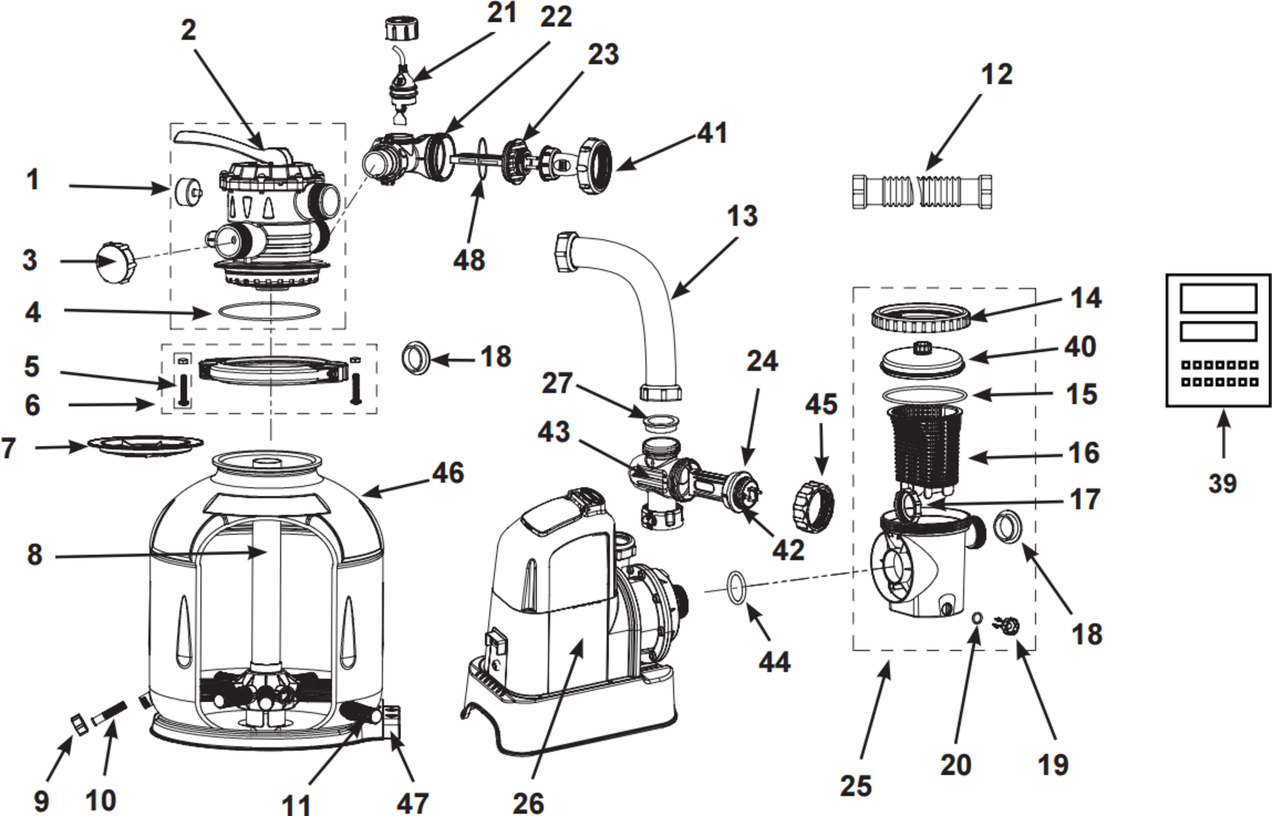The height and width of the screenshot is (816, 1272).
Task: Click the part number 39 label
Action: [x=1222, y=483]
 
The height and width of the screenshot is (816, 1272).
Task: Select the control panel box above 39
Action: [x=1217, y=340]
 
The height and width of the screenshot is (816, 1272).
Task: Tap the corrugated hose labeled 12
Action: [x=922, y=191]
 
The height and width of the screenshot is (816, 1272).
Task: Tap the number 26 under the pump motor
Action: [x=528, y=802]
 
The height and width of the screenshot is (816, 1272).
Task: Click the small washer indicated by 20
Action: [x=977, y=617]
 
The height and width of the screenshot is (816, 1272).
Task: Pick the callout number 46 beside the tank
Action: [x=448, y=473]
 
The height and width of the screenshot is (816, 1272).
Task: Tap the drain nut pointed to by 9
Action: [x=80, y=724]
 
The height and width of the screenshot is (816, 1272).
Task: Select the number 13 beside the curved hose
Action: [x=742, y=215]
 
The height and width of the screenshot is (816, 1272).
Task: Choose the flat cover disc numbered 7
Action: [x=144, y=443]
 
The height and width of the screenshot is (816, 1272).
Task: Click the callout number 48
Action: [x=469, y=260]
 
